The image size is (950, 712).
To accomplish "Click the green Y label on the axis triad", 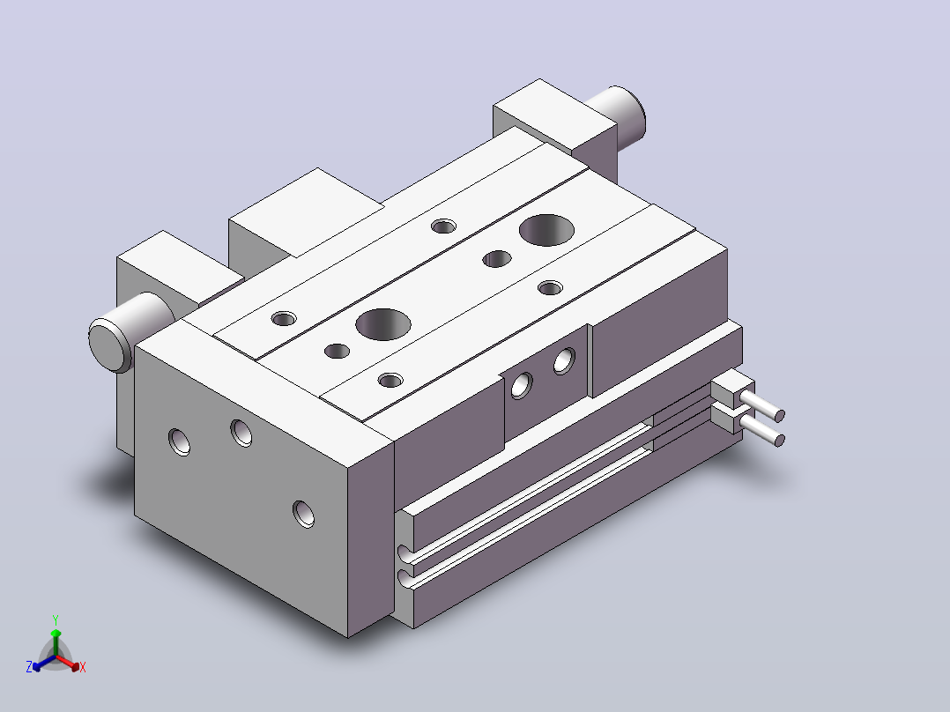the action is pos(56,619).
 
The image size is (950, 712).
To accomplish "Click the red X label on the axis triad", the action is pos(83,667).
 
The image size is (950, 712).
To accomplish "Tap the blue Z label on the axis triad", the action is pos(29,667).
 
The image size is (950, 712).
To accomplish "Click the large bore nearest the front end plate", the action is pos(382,324).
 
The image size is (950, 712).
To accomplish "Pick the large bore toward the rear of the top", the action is pos(546,230).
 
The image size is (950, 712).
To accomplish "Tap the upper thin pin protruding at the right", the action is pos(762,404).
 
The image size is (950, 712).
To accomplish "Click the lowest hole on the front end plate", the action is pos(303,514).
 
